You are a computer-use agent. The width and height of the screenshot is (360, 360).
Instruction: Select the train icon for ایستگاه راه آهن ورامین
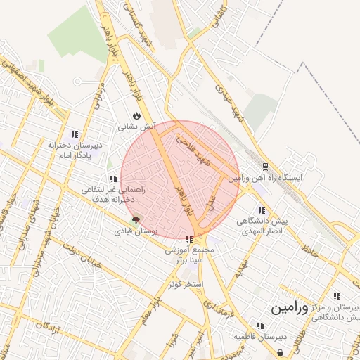point(264,167)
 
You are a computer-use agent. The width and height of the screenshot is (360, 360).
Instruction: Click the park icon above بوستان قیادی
point(136,220)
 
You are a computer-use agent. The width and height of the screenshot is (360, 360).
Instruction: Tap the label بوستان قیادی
point(139,231)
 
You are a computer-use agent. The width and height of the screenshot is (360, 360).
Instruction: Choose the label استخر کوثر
point(186,284)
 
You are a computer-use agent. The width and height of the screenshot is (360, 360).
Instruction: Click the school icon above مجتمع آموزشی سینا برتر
point(189,239)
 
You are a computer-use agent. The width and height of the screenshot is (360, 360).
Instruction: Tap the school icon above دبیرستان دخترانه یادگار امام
point(75,134)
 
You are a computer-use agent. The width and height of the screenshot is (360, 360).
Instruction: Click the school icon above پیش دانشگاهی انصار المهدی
point(262,210)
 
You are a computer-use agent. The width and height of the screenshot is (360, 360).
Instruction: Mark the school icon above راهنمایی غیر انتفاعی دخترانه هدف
point(113,179)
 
